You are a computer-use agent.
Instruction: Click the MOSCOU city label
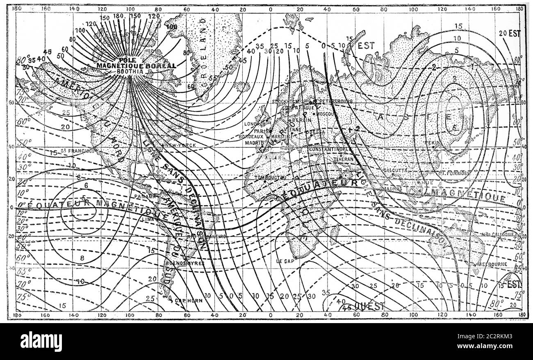coord(328,113)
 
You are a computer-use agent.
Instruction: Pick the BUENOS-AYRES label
coord(184,263)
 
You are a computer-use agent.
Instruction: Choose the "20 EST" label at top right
coord(510,34)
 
